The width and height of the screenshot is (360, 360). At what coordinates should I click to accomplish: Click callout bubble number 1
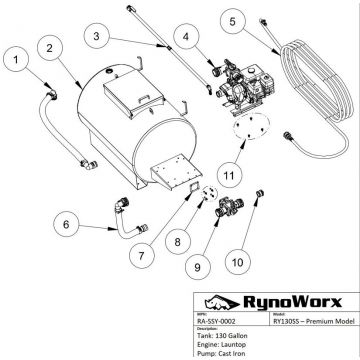tap(16, 62)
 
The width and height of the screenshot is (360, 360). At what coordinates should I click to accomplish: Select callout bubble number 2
tap(47, 46)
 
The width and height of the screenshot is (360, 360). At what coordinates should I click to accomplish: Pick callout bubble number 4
tap(187, 37)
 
